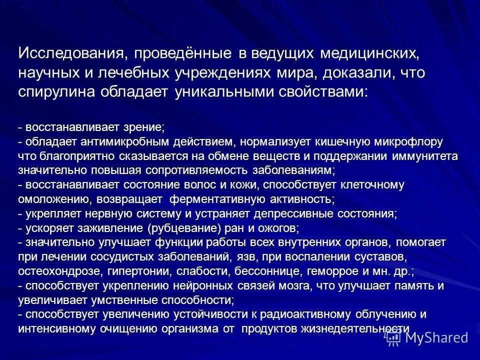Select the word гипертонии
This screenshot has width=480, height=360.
[x=138, y=271]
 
